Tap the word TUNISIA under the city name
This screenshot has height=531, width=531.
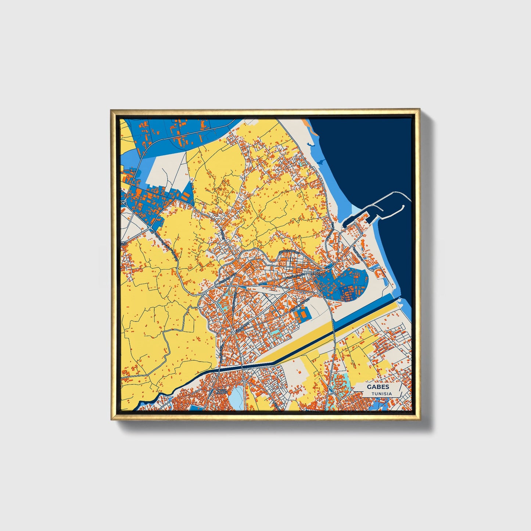pyautogui.click(x=381, y=394)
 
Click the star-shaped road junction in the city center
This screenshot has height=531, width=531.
pyautogui.click(x=232, y=333)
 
